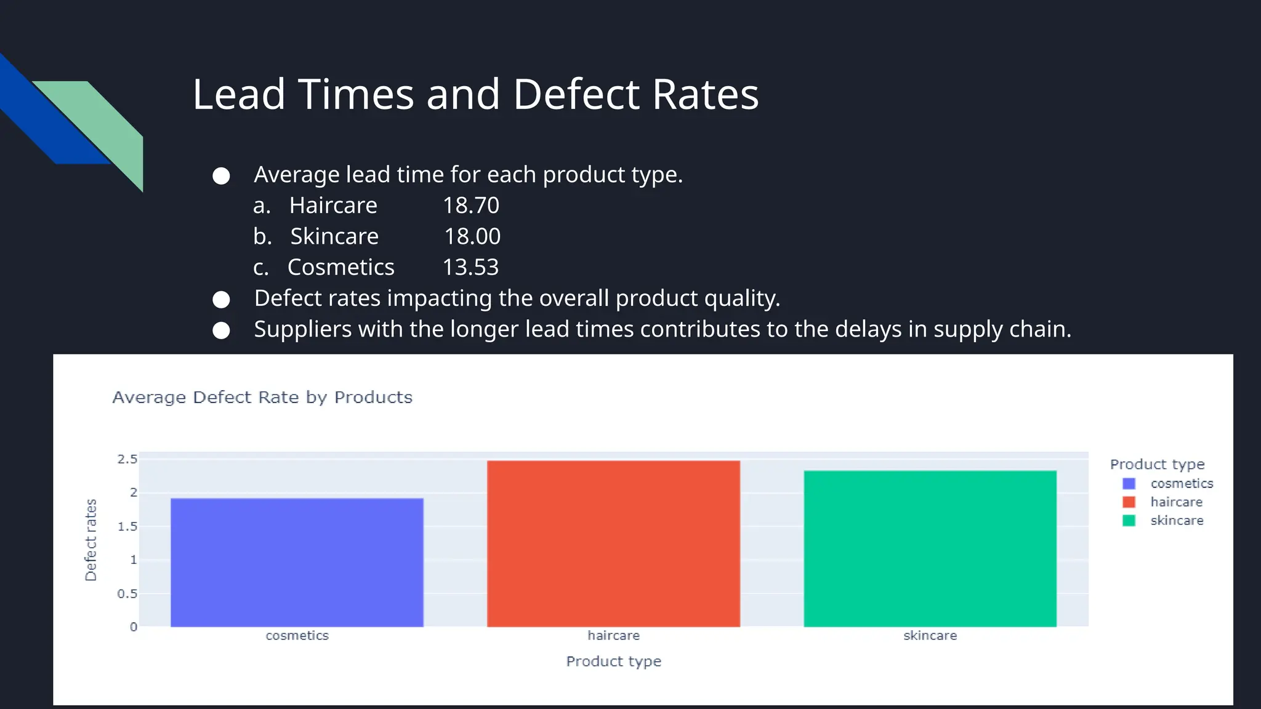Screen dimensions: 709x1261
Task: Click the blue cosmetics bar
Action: point(297,562)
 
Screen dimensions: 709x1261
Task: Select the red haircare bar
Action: point(613,543)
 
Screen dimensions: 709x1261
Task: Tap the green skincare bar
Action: point(930,548)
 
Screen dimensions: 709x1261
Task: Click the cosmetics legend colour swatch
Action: point(1129,484)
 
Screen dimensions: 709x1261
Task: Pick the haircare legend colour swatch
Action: point(1129,502)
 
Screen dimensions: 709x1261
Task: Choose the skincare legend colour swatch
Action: point(1129,521)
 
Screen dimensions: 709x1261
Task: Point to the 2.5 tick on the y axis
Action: point(127,459)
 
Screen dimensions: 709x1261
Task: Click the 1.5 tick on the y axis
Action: point(127,526)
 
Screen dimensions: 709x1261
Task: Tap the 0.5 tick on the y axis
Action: point(127,593)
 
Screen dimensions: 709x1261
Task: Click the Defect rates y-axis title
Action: point(91,540)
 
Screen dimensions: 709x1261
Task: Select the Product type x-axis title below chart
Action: point(613,661)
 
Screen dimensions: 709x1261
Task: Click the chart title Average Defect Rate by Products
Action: point(262,398)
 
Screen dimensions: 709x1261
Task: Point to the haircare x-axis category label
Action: point(613,635)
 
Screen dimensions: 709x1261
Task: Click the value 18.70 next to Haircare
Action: point(471,206)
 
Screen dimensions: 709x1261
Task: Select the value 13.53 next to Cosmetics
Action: point(470,267)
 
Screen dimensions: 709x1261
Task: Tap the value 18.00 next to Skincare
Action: point(472,236)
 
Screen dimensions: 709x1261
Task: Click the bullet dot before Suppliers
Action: point(221,330)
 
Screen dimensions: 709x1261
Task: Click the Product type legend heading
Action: point(1157,464)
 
